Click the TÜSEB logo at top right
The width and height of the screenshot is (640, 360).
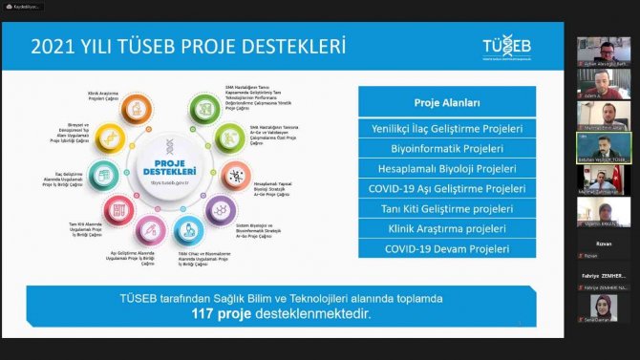tap(503, 50)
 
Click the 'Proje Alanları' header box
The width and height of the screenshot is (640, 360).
tap(446, 102)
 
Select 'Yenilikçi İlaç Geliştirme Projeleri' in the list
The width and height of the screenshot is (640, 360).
tap(446, 128)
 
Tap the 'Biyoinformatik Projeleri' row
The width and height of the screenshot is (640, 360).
tap(446, 148)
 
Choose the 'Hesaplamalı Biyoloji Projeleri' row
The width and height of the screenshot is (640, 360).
tap(446, 168)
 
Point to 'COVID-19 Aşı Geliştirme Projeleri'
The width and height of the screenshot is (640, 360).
tap(446, 188)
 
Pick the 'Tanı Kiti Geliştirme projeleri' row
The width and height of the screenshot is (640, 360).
tap(446, 208)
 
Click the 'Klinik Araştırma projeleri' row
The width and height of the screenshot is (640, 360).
tap(446, 229)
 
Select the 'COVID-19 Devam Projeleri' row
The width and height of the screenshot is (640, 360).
tap(446, 249)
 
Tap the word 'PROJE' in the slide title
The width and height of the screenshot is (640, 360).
tap(221, 46)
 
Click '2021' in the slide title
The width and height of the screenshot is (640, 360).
tap(51, 46)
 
